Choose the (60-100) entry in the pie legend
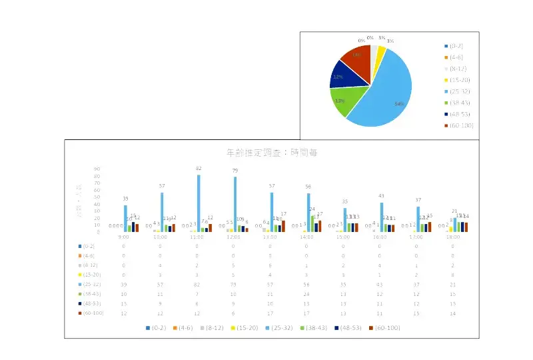[x=461, y=125]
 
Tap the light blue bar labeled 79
[x=235, y=204]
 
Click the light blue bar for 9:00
[x=125, y=218]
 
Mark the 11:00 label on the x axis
[x=197, y=237]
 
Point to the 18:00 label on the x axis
[x=454, y=237]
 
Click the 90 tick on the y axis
[x=97, y=169]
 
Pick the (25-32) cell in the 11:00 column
[x=197, y=284]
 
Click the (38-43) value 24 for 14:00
[x=307, y=293]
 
